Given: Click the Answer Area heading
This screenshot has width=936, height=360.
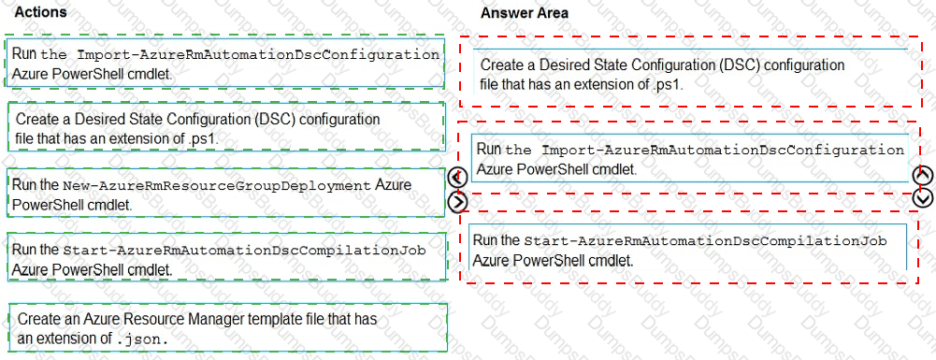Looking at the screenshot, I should click(x=524, y=13).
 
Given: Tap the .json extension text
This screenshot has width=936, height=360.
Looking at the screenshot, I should click(x=144, y=338).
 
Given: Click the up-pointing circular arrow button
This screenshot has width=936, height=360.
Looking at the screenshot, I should click(x=923, y=175).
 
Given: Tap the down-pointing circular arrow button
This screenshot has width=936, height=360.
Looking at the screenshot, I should click(x=923, y=197).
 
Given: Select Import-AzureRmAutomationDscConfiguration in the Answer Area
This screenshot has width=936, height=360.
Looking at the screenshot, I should click(x=724, y=150).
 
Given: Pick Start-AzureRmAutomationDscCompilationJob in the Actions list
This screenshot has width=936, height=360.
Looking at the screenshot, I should click(x=245, y=251).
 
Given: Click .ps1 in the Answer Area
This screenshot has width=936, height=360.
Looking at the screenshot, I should click(x=668, y=83).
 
